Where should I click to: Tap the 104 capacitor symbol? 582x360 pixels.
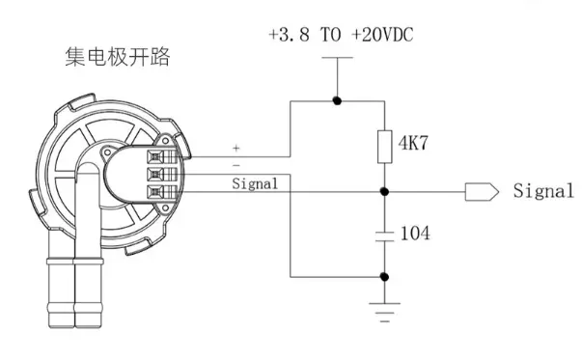384,234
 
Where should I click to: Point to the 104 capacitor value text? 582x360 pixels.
414,234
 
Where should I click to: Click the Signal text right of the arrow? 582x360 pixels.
542,191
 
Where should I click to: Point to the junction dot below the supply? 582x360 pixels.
336,100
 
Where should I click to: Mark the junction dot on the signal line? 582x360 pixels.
384,191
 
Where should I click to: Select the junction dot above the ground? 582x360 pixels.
384,277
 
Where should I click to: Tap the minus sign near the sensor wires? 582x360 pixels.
236,165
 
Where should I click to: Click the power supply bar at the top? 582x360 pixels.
336,58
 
